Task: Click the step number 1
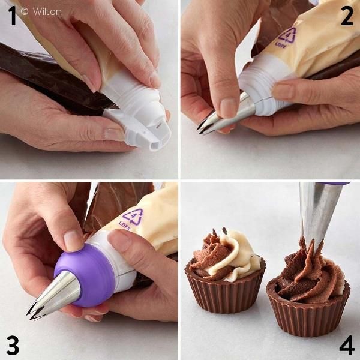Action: pyautogui.click(x=13, y=16)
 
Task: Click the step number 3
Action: pyautogui.click(x=13, y=345)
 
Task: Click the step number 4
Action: pyautogui.click(x=347, y=345)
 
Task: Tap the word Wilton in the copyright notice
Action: pyautogui.click(x=47, y=12)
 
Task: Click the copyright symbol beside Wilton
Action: pyautogui.click(x=25, y=11)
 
